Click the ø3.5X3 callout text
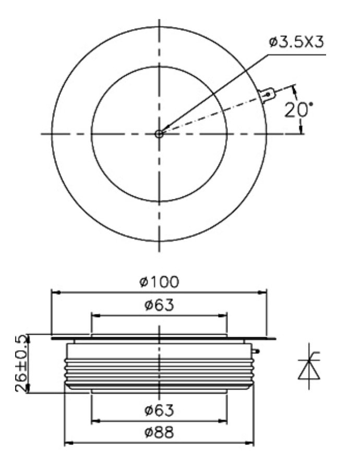click(296, 42)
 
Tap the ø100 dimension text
click(159, 282)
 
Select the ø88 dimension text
click(159, 432)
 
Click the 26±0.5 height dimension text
click(21, 363)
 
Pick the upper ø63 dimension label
click(159, 305)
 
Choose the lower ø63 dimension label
click(159, 410)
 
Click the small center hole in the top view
click(159, 134)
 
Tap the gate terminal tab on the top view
click(267, 95)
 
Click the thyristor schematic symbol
click(309, 366)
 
